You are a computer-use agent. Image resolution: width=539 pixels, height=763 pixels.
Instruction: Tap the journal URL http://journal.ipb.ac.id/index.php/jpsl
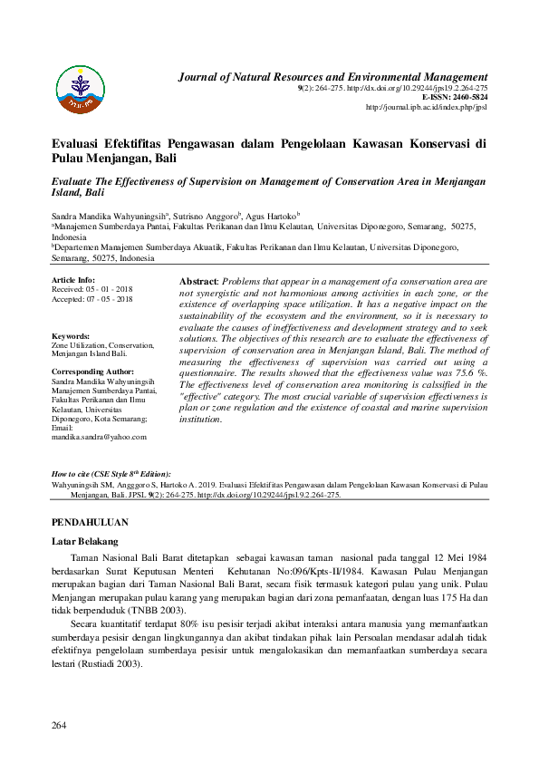point(426,107)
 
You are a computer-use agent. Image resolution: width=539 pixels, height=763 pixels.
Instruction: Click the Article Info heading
point(73,281)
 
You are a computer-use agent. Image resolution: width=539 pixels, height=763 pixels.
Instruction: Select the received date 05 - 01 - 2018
point(110,290)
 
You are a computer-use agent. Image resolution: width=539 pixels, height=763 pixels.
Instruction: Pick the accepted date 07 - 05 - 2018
point(110,299)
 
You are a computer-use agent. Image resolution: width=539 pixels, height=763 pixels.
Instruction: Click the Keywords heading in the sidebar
point(71,336)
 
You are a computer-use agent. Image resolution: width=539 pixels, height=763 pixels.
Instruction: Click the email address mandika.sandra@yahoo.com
point(99,437)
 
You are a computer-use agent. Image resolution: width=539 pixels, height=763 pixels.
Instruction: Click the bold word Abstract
point(199,283)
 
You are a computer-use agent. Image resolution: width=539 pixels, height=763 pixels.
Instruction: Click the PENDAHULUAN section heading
point(90,523)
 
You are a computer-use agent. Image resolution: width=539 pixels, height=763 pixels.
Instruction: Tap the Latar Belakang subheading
point(85,541)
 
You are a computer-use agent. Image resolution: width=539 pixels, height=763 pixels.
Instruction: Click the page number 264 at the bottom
point(60,725)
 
